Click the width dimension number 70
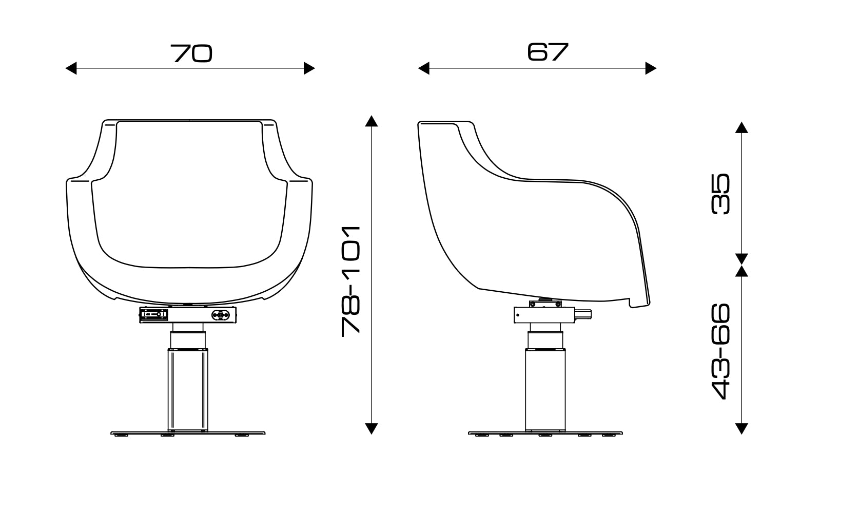click(x=191, y=53)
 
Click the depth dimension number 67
click(x=548, y=52)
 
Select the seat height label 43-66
click(x=721, y=351)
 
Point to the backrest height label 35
click(x=721, y=194)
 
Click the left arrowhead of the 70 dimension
click(x=71, y=68)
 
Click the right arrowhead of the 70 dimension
click(x=309, y=68)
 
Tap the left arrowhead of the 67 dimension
click(x=423, y=68)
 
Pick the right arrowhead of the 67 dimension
click(x=651, y=68)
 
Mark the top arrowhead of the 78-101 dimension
click(x=371, y=121)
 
